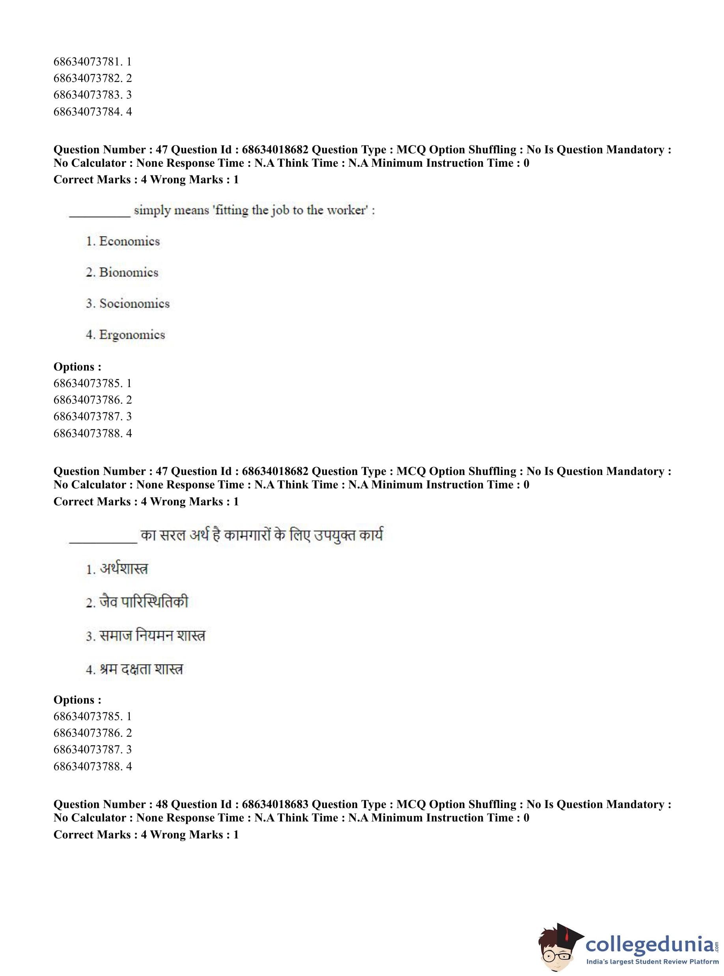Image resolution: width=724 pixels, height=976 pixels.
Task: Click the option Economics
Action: (129, 241)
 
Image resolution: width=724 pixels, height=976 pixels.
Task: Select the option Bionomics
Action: (129, 272)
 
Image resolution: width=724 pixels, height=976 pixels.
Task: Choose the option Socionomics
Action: (134, 304)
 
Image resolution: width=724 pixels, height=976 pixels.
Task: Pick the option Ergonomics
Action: (132, 335)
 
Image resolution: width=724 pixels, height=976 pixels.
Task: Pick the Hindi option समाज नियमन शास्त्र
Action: (152, 636)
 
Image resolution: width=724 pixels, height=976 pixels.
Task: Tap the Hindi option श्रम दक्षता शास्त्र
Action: (141, 669)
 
